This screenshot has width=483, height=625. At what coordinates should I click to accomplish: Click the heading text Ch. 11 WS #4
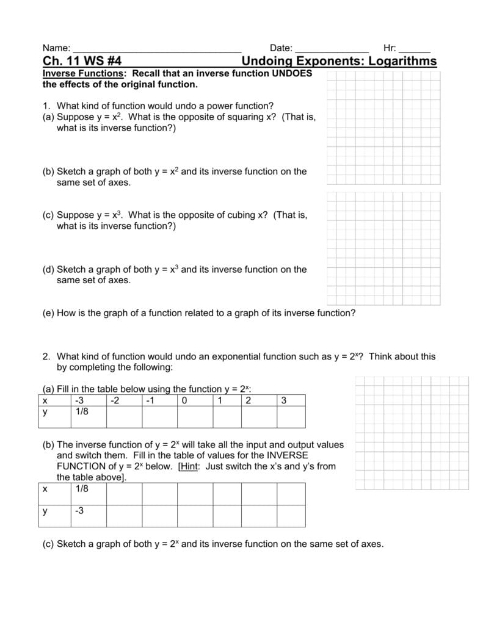click(82, 61)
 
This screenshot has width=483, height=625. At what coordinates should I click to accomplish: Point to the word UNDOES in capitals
click(291, 73)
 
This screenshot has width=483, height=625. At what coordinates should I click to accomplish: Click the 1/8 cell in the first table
click(82, 412)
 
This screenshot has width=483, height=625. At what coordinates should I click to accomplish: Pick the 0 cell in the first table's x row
click(184, 400)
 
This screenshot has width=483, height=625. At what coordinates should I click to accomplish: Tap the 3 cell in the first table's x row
click(283, 400)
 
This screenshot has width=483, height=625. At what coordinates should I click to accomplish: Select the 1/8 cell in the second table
click(82, 489)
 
